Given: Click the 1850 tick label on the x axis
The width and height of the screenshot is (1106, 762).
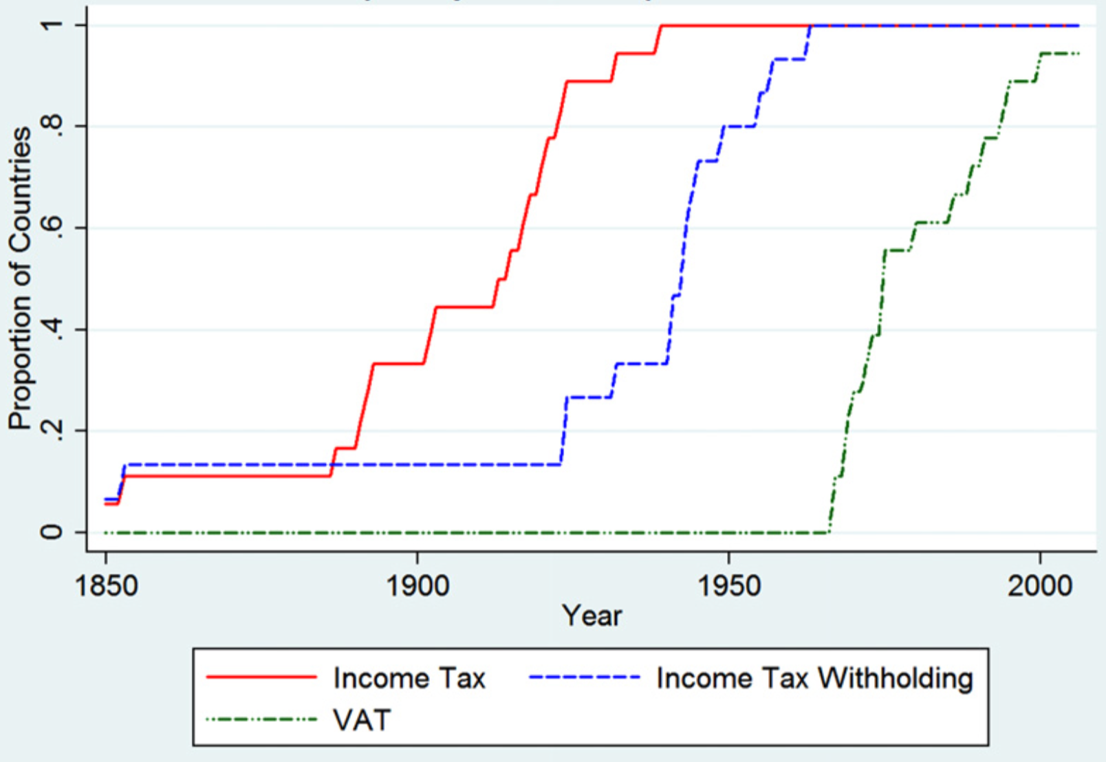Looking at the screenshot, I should (106, 585).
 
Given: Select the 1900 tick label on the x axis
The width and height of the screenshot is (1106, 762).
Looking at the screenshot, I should (418, 585).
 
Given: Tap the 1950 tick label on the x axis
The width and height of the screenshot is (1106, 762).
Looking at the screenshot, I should (729, 585).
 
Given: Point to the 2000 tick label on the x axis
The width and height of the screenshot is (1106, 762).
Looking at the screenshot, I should (1039, 585).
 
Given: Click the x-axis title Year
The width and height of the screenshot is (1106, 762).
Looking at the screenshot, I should (592, 616).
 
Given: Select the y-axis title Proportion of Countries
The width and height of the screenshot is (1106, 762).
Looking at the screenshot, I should (21, 279).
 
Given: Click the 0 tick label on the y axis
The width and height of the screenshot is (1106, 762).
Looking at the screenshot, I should (52, 532).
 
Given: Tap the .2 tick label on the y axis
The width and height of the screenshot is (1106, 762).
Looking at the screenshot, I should (52, 431).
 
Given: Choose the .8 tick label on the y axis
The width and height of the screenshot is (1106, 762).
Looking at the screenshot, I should (52, 127).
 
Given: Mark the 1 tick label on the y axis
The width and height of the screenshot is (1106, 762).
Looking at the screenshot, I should (52, 26).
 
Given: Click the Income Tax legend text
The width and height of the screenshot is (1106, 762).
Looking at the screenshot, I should (409, 679).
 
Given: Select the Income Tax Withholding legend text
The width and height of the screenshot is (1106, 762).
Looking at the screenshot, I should (814, 679).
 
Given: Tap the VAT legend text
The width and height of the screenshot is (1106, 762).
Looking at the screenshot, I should (362, 720).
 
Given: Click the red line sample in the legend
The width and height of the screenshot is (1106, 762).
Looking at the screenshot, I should (261, 678).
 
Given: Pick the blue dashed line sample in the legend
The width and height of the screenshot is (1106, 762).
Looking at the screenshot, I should (585, 678).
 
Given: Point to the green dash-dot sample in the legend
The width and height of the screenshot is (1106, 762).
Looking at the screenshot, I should (261, 720).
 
